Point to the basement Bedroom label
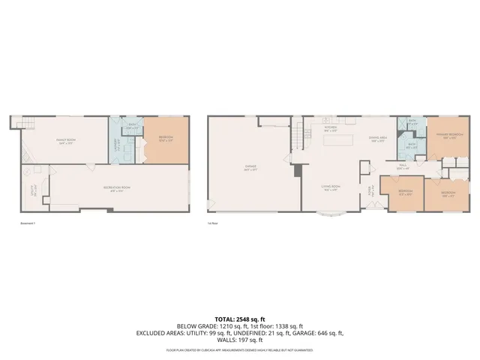point(166,137)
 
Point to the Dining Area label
point(376,139)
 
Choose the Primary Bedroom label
point(448,137)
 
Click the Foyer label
point(370,189)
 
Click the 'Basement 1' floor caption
point(28,223)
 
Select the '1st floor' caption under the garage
point(213,223)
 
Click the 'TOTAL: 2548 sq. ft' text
point(239,318)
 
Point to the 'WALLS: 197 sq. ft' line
point(239,341)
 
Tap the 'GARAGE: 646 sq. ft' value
point(319,333)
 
